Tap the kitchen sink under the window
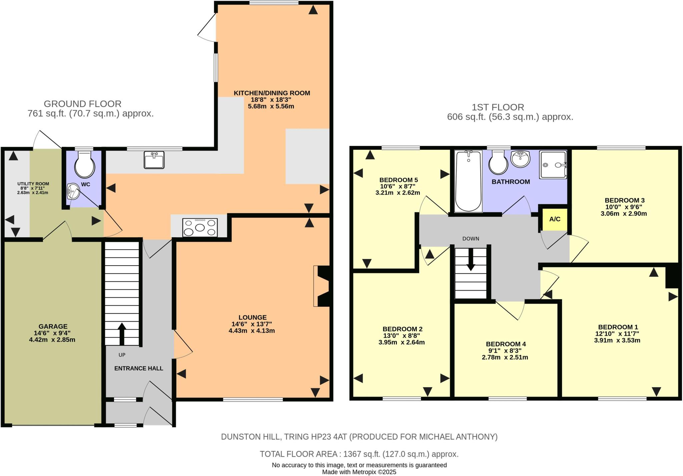point(154,160)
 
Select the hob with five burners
point(200,228)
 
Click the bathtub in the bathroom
point(468,181)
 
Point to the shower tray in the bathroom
point(553,165)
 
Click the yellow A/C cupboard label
point(555,219)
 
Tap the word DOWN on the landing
point(471,239)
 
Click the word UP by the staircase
point(122,355)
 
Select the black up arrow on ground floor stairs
point(122,333)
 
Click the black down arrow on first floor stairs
point(471,259)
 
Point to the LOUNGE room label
point(252,318)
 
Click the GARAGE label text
point(53,327)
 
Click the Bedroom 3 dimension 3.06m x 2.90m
point(624,214)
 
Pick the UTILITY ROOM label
point(33,184)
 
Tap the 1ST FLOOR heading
point(498,107)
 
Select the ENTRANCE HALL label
point(139,368)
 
